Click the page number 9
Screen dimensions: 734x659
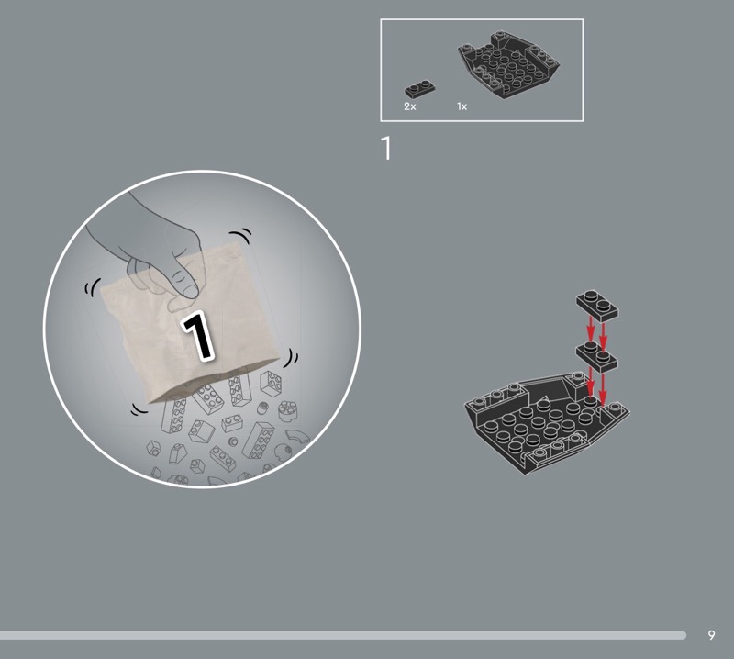[x=712, y=635]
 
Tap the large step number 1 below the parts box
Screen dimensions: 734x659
[x=386, y=148]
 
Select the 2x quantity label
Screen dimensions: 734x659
[x=409, y=106]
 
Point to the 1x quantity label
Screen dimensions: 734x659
[x=462, y=106]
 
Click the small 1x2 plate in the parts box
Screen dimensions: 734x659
[x=420, y=88]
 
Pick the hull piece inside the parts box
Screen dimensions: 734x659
[x=509, y=63]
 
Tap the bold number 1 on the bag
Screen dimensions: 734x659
[x=199, y=336]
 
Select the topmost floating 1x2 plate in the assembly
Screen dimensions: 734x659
[x=597, y=305]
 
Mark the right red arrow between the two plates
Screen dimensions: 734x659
[x=603, y=335]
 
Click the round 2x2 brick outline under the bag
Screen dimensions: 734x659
[x=286, y=411]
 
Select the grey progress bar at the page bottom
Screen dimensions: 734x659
[x=342, y=635]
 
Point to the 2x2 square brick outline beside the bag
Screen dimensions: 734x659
[x=271, y=383]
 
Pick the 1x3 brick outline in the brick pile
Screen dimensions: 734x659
[x=223, y=458]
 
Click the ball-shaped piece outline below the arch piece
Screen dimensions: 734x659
[x=283, y=452]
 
